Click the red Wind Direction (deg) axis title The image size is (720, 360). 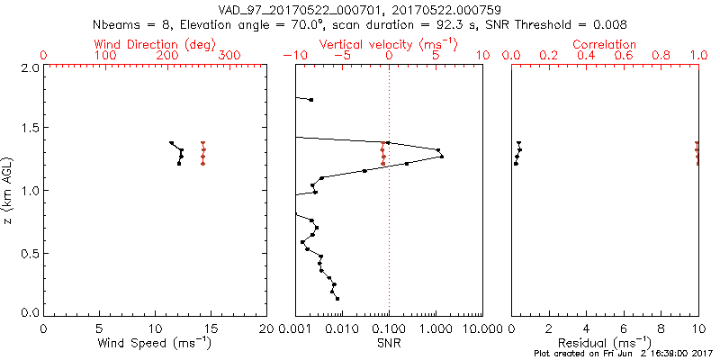154,44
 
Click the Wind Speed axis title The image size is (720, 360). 155,343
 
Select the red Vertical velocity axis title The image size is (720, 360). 387,44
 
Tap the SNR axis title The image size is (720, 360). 388,343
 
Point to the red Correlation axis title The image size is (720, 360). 605,44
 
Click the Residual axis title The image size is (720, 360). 605,343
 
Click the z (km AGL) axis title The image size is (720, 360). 8,189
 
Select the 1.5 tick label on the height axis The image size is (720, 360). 30,129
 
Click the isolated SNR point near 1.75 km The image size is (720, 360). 311,99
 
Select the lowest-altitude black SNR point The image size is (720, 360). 337,298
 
